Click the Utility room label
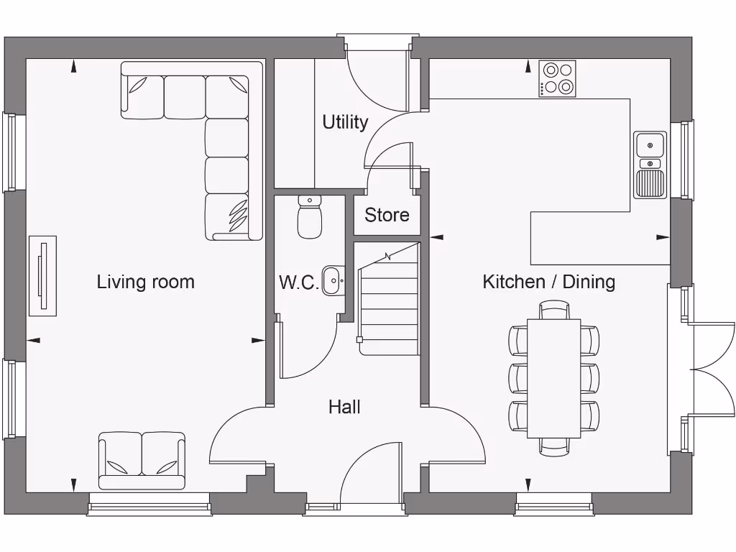click(345, 122)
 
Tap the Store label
click(387, 215)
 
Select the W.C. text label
click(299, 282)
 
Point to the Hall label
click(344, 407)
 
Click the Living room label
click(145, 282)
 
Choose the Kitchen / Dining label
click(548, 282)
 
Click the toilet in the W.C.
click(310, 217)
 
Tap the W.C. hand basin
click(333, 281)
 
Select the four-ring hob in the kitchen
click(557, 79)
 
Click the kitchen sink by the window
click(650, 165)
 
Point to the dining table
click(554, 378)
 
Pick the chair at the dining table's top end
click(554, 310)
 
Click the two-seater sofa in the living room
click(142, 461)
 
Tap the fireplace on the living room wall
click(42, 275)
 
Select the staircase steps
click(389, 299)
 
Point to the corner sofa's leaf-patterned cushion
click(239, 215)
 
